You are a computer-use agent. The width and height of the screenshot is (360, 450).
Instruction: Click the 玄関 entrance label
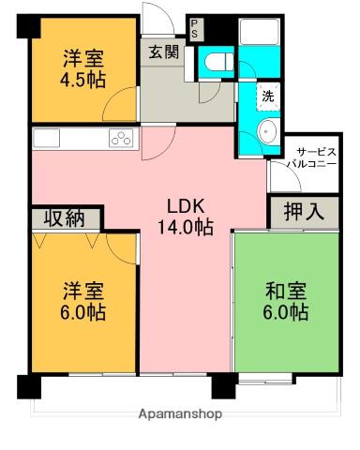pyautogui.click(x=161, y=52)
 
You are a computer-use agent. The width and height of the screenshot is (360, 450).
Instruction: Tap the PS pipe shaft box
pyautogui.click(x=194, y=28)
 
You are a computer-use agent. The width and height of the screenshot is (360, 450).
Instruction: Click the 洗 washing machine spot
pyautogui.click(x=268, y=95)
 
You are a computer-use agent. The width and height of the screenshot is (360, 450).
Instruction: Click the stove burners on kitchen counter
pyautogui.click(x=122, y=139)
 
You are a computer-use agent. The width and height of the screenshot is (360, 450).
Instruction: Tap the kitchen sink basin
pyautogui.click(x=47, y=138)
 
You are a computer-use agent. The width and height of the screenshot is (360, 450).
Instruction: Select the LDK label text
pyautogui.click(x=185, y=205)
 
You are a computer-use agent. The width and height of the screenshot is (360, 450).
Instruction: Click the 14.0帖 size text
pyautogui.click(x=185, y=226)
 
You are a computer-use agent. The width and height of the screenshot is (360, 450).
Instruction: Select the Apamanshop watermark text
pyautogui.click(x=180, y=413)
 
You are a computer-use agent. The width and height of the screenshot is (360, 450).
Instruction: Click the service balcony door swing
pyautogui.click(x=278, y=173)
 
